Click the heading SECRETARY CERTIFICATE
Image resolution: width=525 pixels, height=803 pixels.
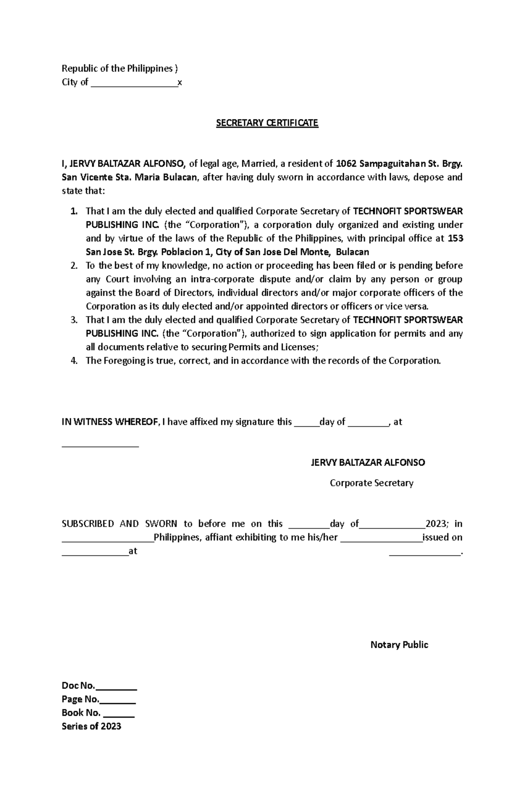tap(267, 123)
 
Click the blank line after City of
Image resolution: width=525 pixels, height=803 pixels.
tap(134, 83)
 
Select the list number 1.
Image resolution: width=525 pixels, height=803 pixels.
tap(74, 211)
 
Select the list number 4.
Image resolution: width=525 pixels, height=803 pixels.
tap(74, 361)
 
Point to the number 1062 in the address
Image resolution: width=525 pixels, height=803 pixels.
tap(345, 164)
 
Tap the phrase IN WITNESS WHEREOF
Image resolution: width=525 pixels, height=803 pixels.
tap(110, 422)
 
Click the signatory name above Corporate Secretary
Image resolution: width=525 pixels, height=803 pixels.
tap(367, 463)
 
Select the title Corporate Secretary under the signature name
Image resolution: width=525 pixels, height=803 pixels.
tap(371, 483)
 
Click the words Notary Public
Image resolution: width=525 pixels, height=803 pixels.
tap(399, 645)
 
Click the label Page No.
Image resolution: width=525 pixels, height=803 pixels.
tap(80, 699)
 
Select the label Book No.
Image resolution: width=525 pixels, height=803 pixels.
tap(81, 713)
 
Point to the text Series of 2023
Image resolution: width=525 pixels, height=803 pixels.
tap(91, 726)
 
